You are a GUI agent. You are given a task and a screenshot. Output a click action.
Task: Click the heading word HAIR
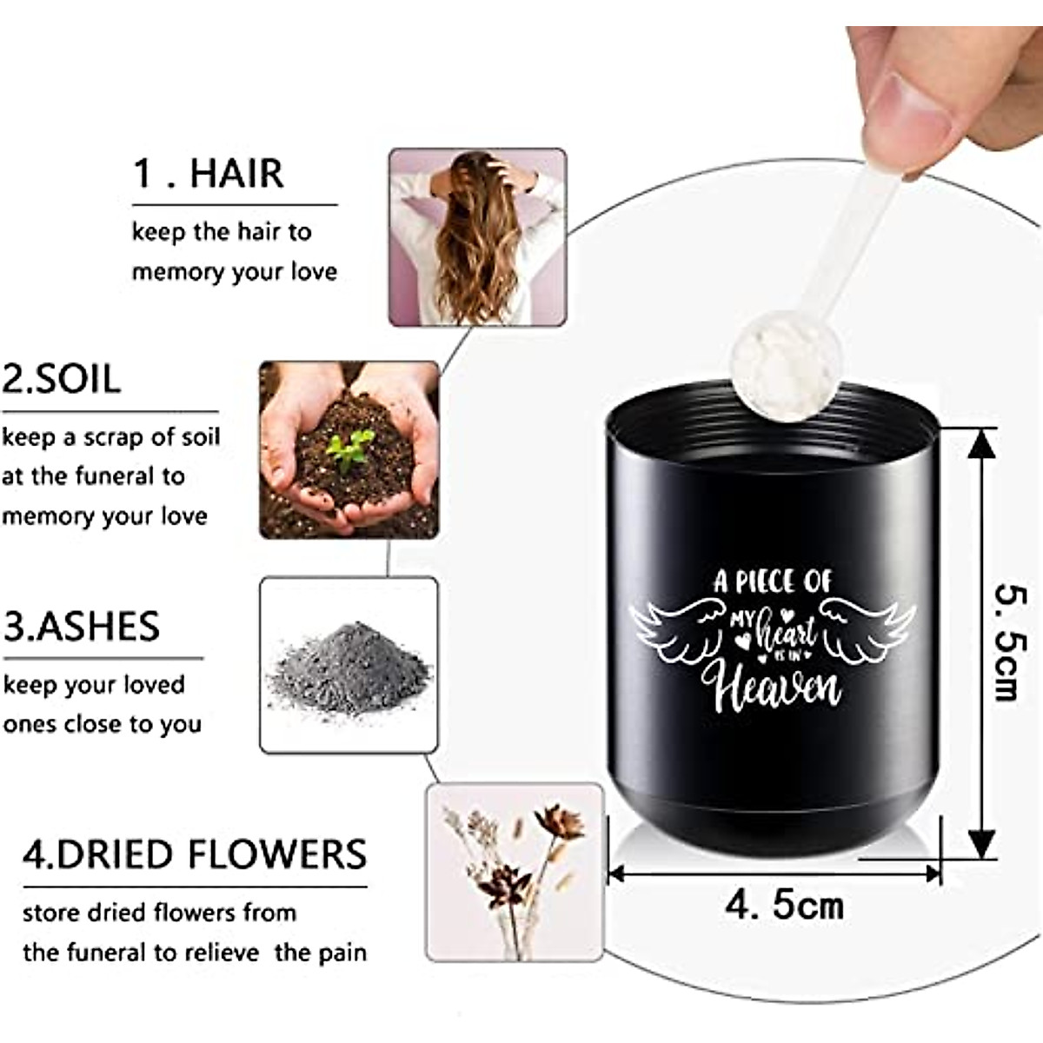click(236, 174)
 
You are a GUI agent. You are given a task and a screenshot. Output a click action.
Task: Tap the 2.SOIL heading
click(61, 380)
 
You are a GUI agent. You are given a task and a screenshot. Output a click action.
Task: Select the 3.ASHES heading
click(82, 627)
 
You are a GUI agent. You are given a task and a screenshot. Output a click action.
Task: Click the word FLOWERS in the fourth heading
click(278, 854)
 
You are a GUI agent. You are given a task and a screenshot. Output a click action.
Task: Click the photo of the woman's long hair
click(476, 236)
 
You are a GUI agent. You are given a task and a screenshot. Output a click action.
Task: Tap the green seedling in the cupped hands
click(349, 449)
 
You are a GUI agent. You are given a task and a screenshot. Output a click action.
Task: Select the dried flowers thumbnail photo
click(514, 872)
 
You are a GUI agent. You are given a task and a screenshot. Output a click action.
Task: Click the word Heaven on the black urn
click(776, 688)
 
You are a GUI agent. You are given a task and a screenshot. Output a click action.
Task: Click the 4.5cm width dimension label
click(784, 906)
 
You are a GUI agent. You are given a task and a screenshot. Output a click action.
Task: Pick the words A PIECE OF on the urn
click(773, 581)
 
